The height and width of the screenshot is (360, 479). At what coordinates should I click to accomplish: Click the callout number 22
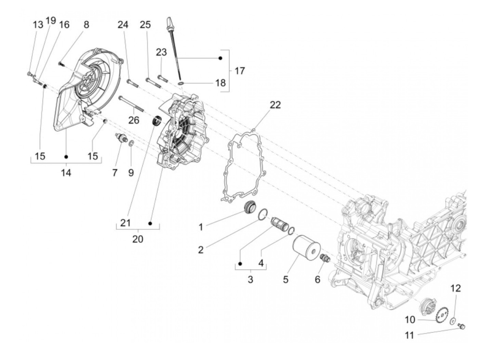tap(275, 105)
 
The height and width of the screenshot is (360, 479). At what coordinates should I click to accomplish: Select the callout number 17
tap(239, 71)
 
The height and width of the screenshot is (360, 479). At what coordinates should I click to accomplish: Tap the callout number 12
tap(456, 288)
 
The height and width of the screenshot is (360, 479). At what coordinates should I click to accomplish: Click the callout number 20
tap(138, 239)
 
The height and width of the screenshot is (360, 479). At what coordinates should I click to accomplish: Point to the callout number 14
tap(66, 173)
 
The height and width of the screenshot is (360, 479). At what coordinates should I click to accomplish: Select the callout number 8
tap(86, 25)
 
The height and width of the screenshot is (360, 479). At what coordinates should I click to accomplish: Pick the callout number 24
tap(123, 25)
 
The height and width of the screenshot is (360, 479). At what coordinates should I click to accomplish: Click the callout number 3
tap(250, 279)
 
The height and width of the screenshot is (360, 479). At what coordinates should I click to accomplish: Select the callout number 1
tap(201, 227)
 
